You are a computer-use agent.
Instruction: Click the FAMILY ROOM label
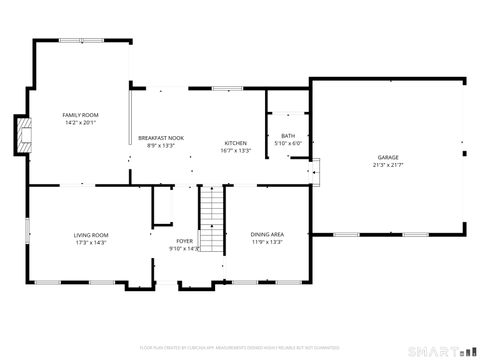[80, 115]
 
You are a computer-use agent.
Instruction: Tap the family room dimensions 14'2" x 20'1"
[80, 123]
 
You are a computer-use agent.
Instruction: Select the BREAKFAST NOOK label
[160, 137]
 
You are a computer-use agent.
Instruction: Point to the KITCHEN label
[235, 142]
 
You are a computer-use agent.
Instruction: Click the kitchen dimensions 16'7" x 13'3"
[235, 150]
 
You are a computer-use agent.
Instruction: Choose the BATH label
[288, 136]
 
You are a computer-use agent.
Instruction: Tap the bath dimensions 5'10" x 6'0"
[288, 143]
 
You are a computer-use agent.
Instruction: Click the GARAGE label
[388, 157]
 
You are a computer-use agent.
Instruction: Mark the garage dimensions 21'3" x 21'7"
[388, 165]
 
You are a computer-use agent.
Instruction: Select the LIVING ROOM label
[90, 234]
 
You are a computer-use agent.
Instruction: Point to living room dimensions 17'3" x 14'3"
[90, 242]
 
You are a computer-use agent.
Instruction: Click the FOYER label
[185, 240]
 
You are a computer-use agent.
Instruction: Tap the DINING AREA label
[266, 233]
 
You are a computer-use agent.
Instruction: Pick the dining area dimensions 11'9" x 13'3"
[266, 241]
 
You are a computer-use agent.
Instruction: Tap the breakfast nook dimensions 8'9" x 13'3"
[160, 145]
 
